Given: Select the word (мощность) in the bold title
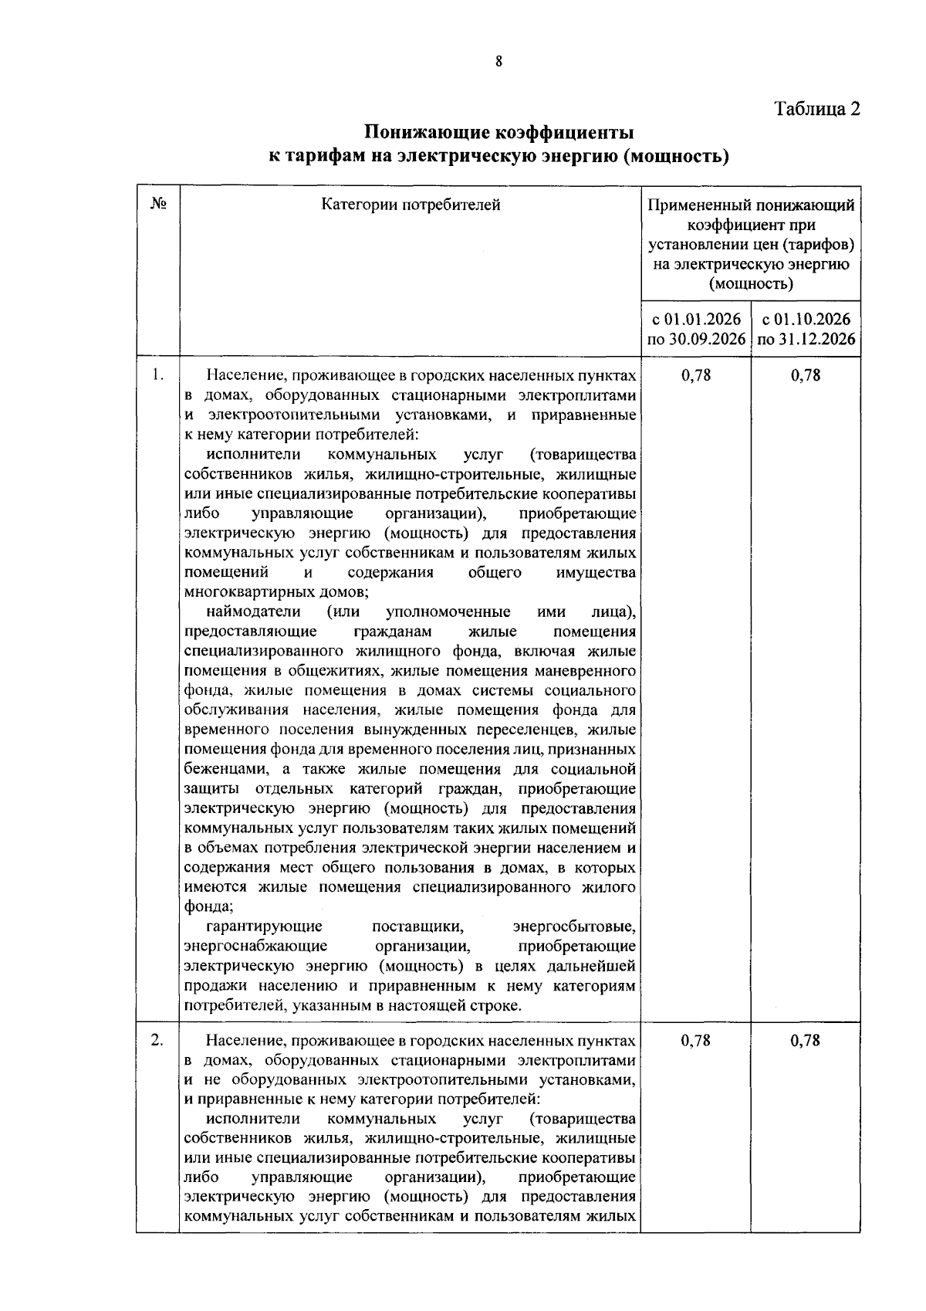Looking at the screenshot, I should pyautogui.click(x=675, y=157).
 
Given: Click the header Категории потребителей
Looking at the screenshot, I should pyautogui.click(x=411, y=205).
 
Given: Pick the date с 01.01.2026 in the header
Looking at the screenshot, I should pyautogui.click(x=696, y=320).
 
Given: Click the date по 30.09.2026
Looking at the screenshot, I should pyautogui.click(x=696, y=340).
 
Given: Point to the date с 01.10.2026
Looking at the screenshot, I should pyautogui.click(x=806, y=320).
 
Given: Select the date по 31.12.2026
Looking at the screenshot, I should pyautogui.click(x=806, y=340).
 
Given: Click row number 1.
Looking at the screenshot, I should pyautogui.click(x=157, y=375).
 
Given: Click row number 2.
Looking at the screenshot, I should pyautogui.click(x=157, y=1040).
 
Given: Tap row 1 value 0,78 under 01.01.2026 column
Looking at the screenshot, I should pyautogui.click(x=696, y=376).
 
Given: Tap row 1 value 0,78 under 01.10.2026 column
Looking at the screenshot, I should pyautogui.click(x=806, y=376).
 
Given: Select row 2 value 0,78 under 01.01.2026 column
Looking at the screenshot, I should pyautogui.click(x=696, y=1041).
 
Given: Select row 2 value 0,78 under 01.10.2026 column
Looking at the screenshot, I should pyautogui.click(x=806, y=1041).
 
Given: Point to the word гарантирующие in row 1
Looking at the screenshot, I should pyautogui.click(x=264, y=926).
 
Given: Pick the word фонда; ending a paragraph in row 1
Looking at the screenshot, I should pyautogui.click(x=204, y=906).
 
